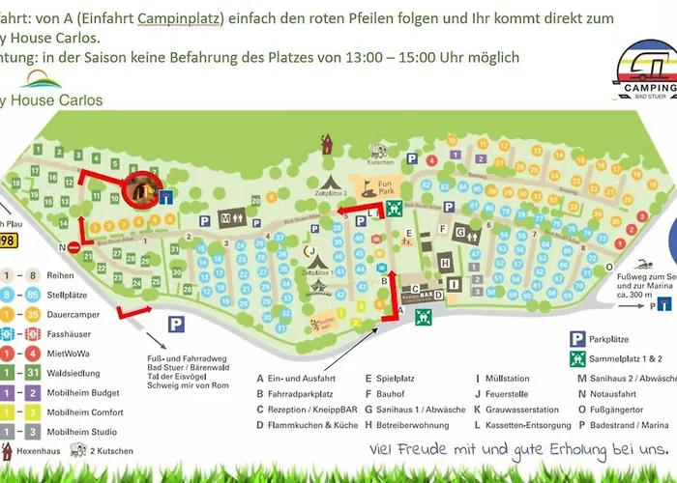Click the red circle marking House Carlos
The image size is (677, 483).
click(x=141, y=190)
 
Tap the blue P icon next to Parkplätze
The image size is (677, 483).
click(x=576, y=312)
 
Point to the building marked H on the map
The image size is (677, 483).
click(x=445, y=263)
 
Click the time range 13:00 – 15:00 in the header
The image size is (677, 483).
click(x=418, y=58)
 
